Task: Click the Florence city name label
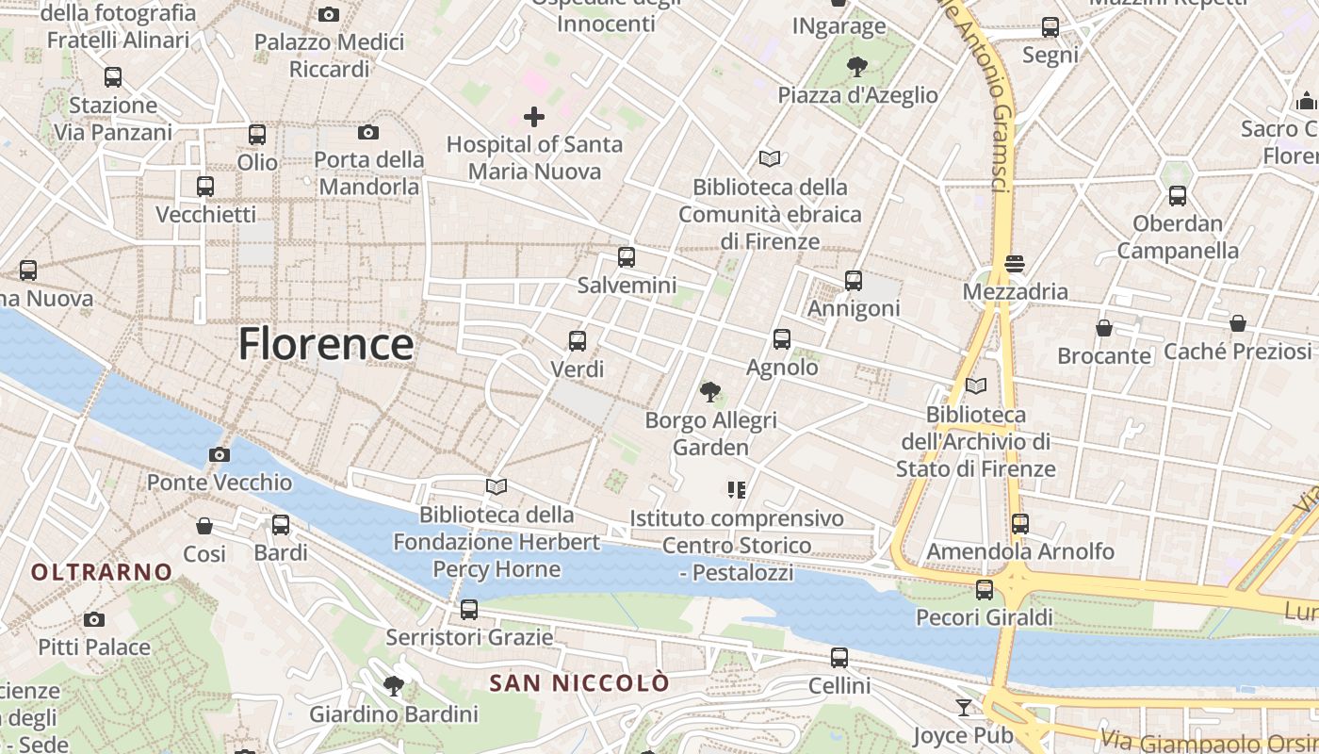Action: click(x=325, y=344)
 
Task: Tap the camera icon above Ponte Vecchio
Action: click(x=219, y=455)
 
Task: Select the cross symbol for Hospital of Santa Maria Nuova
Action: click(x=534, y=117)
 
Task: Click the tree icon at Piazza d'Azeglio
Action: click(x=857, y=66)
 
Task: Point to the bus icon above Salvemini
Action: click(x=627, y=257)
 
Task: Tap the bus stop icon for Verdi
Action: click(x=578, y=341)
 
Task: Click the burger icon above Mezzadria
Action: click(x=1015, y=264)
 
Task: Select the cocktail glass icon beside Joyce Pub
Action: click(x=964, y=707)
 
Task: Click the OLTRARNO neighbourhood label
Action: click(x=102, y=572)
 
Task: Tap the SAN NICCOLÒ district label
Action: click(x=579, y=683)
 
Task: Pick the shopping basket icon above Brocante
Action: click(x=1103, y=328)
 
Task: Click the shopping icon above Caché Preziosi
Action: click(x=1238, y=324)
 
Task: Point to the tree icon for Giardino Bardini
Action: click(x=394, y=686)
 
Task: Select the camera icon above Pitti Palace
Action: click(x=93, y=619)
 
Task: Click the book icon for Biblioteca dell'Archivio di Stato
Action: click(x=976, y=386)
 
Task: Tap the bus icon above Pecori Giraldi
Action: click(x=985, y=590)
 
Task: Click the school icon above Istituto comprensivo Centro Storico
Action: click(x=737, y=490)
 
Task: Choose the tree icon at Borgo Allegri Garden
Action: click(x=710, y=391)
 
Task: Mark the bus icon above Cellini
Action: click(x=839, y=658)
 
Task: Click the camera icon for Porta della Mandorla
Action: click(x=368, y=133)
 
